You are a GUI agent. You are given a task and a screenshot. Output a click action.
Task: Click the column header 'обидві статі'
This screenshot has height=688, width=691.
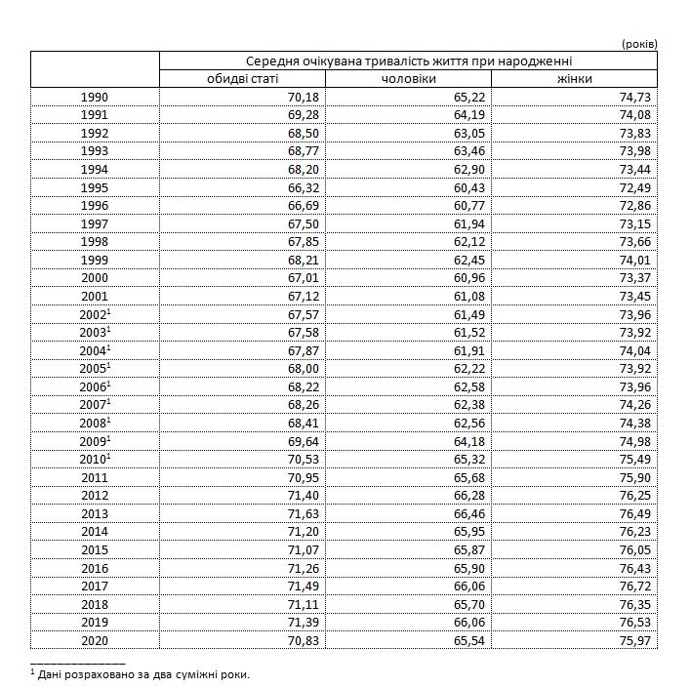point(242,78)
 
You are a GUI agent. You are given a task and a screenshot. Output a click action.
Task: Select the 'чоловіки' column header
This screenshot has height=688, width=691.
point(408,78)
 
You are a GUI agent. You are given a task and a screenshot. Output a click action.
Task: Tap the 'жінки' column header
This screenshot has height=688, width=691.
point(574,78)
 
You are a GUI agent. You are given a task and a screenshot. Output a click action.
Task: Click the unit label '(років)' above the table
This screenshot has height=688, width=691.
point(638,43)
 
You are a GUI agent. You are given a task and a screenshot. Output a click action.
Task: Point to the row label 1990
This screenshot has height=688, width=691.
point(95,97)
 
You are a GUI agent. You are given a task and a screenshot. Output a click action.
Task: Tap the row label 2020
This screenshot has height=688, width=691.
point(95,640)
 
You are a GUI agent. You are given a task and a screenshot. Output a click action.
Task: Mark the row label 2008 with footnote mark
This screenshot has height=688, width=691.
point(95,424)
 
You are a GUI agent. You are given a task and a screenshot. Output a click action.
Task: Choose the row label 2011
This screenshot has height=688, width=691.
point(95,477)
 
